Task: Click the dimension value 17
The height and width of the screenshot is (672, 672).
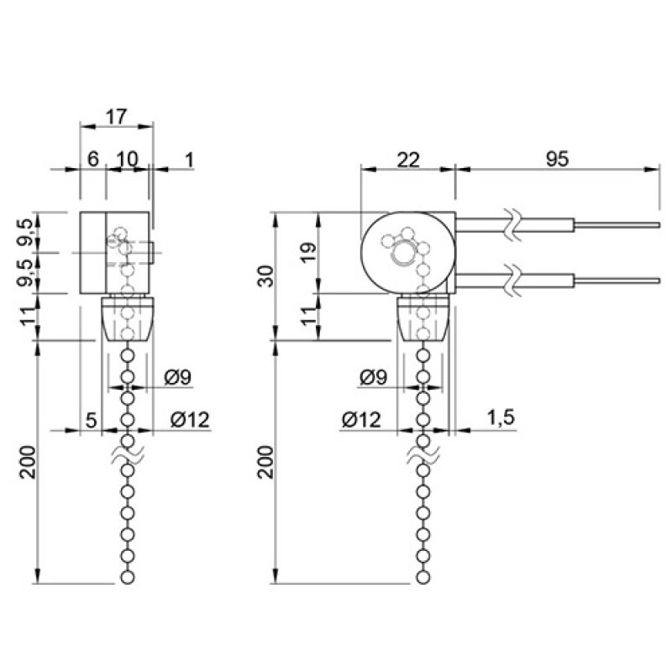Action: pos(116,117)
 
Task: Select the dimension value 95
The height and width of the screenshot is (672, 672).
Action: pos(557,159)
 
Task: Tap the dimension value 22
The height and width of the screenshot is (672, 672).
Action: pos(407,160)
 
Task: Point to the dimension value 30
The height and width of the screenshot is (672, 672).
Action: pos(265,276)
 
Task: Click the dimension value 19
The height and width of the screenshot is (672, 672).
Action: pos(308,251)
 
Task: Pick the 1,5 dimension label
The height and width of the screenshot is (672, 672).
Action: pos(501,417)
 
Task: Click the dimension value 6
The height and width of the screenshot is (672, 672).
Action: pos(93,159)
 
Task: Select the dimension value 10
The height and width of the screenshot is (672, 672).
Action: pos(128,159)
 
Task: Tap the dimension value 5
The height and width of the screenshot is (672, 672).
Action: pos(92,421)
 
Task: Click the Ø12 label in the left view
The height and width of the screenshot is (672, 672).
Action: pos(190,420)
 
